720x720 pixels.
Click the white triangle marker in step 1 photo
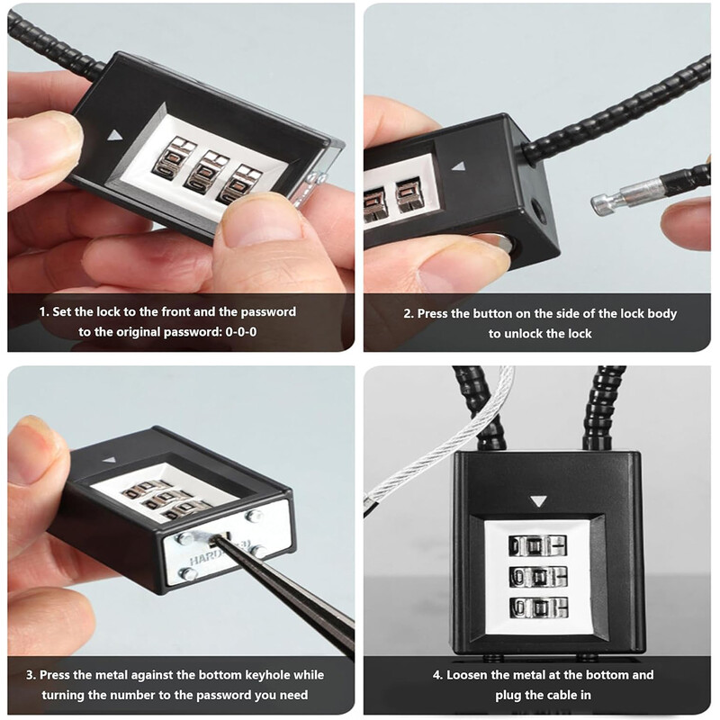point(115,135)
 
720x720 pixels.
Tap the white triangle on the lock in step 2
point(458,166)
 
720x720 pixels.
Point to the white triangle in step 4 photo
point(537,501)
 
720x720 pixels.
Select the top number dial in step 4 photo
point(537,546)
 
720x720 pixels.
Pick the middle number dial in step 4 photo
point(537,576)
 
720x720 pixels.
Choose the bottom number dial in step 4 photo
point(538,607)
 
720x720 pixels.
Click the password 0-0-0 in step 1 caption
point(241,331)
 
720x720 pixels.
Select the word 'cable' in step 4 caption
point(547,695)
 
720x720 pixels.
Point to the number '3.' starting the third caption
point(31,675)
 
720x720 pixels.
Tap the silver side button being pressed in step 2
point(499,241)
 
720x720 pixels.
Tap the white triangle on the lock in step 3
point(109,460)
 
